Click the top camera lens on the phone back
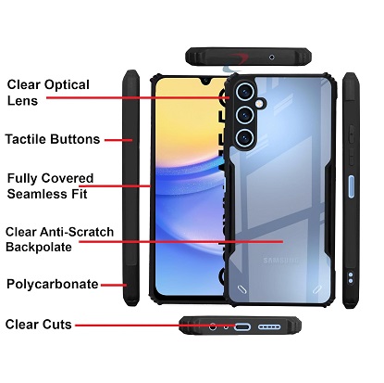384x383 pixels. [245, 92]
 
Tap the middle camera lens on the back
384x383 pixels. [245, 115]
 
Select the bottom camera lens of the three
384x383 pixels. [245, 138]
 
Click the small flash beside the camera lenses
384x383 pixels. [260, 103]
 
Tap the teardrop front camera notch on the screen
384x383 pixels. [205, 82]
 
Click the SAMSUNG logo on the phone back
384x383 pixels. [281, 261]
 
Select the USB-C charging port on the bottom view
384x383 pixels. [242, 326]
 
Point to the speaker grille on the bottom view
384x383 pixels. [269, 326]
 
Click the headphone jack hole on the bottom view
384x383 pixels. [213, 326]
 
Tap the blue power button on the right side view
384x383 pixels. [352, 186]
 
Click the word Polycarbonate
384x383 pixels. [53, 284]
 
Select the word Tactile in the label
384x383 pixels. [26, 139]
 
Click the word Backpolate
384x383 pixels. [39, 247]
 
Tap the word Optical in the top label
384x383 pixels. [67, 85]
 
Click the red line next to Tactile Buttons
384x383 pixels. [118, 140]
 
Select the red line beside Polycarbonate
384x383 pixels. [114, 285]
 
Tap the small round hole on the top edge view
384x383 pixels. [272, 57]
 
